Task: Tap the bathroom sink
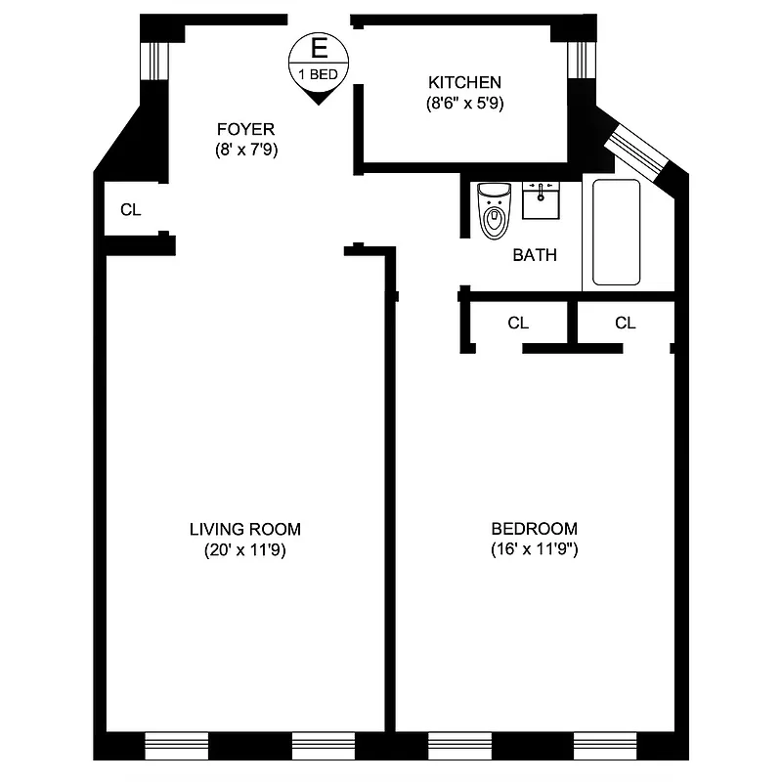541,199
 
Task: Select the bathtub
616,232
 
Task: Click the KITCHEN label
464,82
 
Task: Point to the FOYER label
245,129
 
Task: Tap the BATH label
535,255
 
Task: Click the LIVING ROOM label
244,529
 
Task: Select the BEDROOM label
534,529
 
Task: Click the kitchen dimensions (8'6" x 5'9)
464,102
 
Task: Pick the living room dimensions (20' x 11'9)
244,549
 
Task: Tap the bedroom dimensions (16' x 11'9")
534,549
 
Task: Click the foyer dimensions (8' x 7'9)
245,150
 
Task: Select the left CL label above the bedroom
518,323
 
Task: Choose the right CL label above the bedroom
626,323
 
